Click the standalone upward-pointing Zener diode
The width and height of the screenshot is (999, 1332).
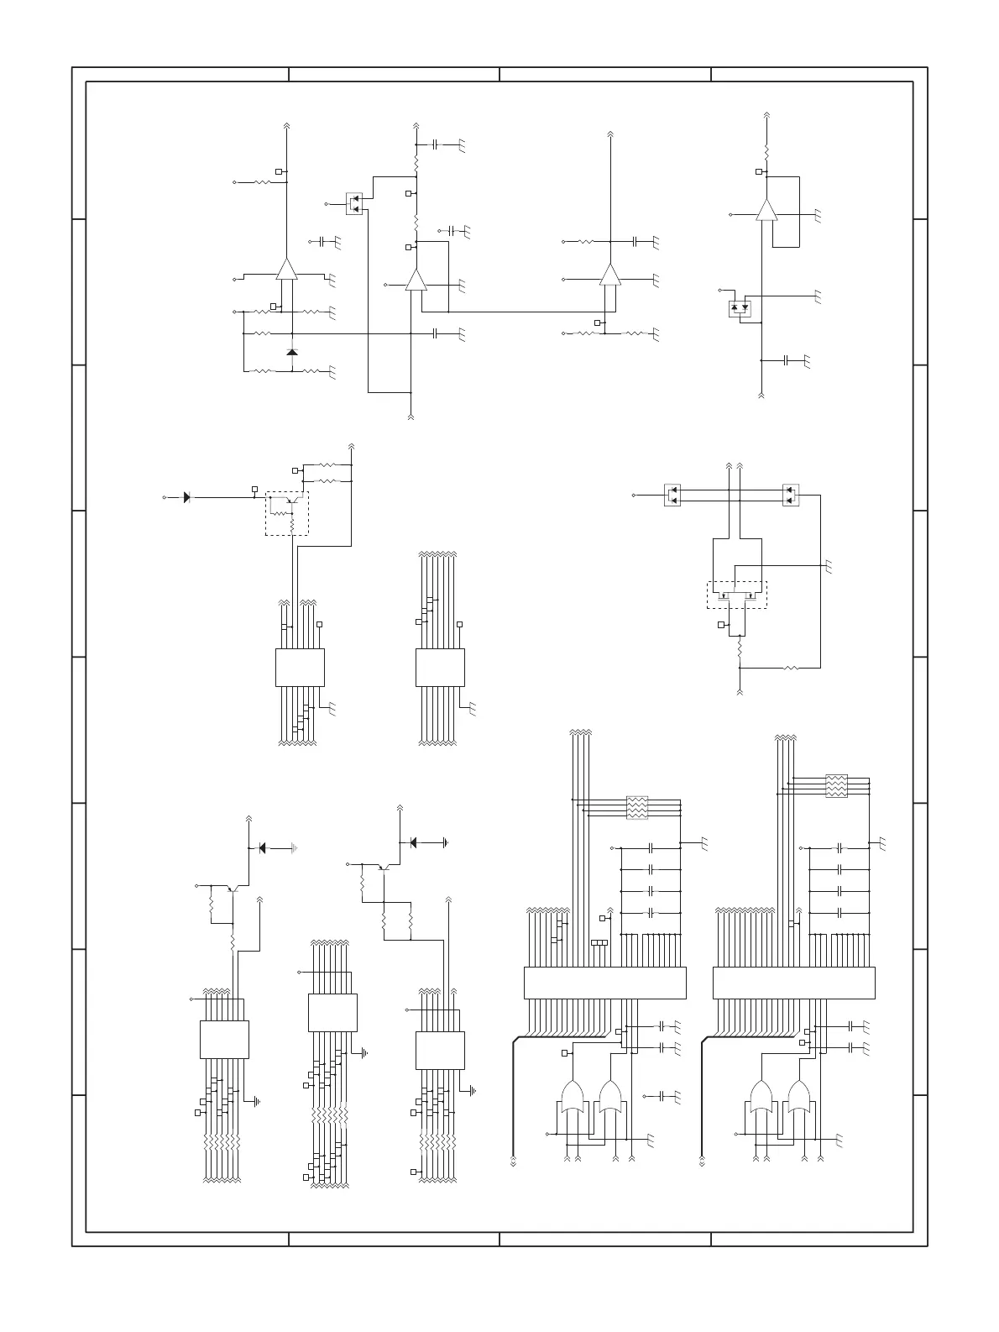[291, 352]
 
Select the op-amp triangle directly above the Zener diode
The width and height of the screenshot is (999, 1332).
[287, 269]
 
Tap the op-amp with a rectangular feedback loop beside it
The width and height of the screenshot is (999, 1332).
[766, 210]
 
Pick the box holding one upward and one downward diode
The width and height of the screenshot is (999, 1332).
[740, 308]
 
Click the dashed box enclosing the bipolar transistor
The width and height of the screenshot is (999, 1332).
[287, 514]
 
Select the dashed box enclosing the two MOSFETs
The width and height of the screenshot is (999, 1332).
[736, 594]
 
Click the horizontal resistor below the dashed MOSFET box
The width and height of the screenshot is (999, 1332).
[789, 668]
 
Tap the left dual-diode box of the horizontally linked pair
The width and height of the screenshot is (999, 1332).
[672, 495]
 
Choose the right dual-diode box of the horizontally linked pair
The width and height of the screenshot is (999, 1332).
[790, 495]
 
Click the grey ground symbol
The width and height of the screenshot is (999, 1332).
[292, 848]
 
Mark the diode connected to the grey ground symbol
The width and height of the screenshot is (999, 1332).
[263, 848]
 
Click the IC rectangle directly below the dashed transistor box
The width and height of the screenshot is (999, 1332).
[300, 667]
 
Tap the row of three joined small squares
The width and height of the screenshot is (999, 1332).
[599, 942]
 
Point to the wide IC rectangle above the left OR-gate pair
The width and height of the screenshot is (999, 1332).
[604, 983]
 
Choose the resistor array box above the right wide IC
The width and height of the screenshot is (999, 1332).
[836, 785]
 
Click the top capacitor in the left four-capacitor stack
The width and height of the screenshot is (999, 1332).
[650, 848]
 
